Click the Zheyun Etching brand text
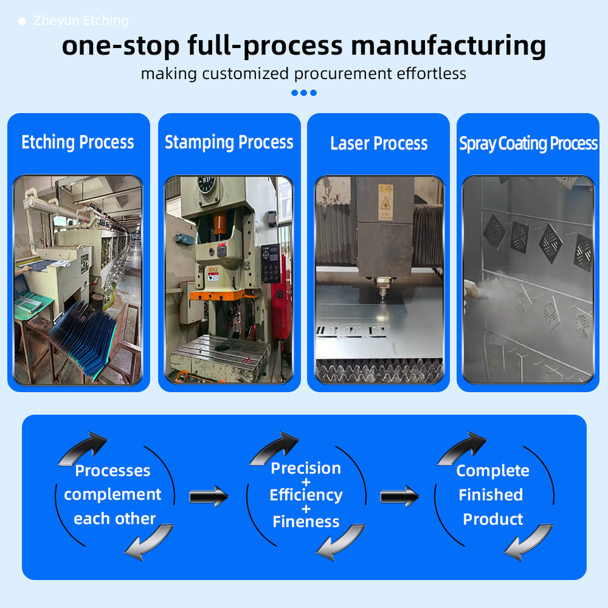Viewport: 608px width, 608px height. click(81, 20)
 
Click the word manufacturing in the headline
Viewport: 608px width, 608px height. click(448, 46)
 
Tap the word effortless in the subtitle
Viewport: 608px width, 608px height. click(431, 73)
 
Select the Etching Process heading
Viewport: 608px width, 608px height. click(78, 142)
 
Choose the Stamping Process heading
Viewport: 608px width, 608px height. click(229, 142)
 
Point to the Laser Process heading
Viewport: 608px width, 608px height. click(379, 144)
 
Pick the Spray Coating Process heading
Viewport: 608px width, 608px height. click(528, 144)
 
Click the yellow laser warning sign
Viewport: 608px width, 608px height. click(386, 202)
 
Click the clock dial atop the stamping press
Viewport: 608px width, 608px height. click(206, 184)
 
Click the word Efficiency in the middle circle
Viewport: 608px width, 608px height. click(306, 495)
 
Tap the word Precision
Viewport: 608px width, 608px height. click(306, 468)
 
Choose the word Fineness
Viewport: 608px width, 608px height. click(306, 521)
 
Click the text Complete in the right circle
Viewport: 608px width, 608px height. click(493, 471)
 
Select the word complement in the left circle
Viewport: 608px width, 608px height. click(113, 495)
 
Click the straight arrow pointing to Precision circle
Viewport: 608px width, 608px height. click(208, 497)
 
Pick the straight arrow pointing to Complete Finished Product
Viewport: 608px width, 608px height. click(400, 497)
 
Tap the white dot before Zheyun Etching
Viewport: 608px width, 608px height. click(22, 22)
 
